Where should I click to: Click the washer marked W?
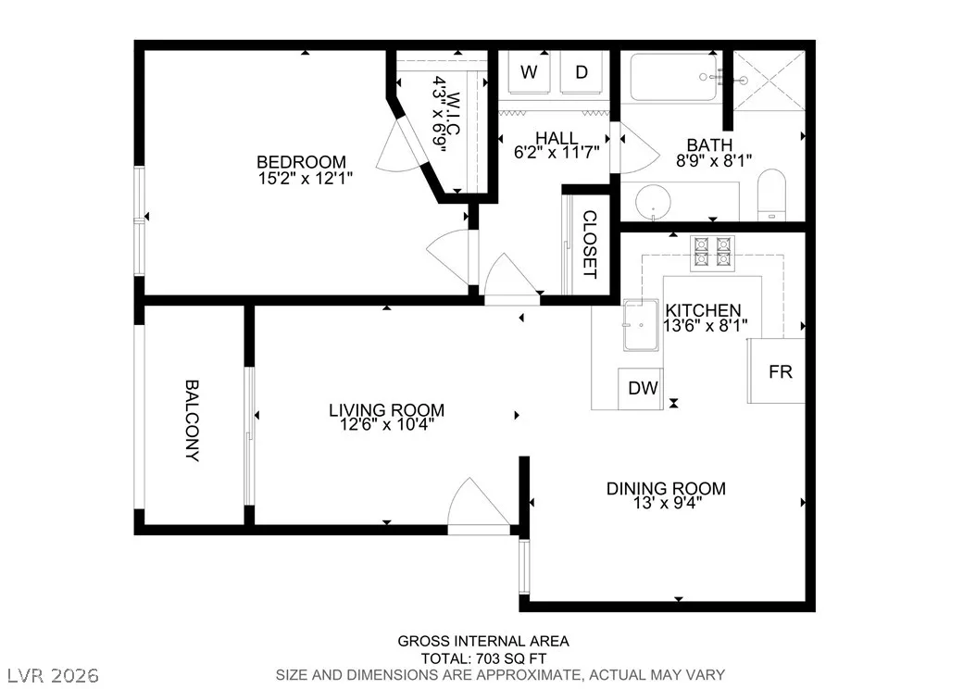point(529,72)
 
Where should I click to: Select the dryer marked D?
point(582,72)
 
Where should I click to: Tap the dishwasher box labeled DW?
point(641,388)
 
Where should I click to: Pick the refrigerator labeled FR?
point(777,371)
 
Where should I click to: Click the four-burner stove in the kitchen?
point(713,253)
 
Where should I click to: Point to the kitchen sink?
point(641,324)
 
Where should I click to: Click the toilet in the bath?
point(772,194)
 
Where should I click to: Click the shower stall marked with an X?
point(769,81)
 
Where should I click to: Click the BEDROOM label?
point(301,162)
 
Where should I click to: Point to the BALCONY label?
point(193,420)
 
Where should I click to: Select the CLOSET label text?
point(590,244)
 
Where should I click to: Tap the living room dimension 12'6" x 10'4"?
point(386,425)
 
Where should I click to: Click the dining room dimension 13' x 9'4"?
point(666,503)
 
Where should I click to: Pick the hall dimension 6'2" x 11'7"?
point(557,152)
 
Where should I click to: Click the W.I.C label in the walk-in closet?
point(453,115)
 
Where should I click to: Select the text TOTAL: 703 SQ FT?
point(483,658)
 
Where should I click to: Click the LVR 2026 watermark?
point(53,675)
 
